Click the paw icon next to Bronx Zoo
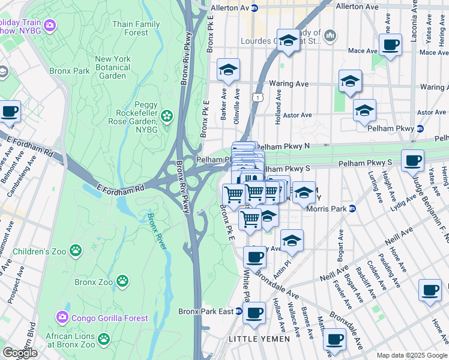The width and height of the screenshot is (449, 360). click(x=122, y=280)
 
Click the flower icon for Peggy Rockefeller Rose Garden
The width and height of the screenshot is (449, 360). click(x=167, y=115)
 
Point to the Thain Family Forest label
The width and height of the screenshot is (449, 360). click(x=136, y=28)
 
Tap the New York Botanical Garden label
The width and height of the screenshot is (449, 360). click(x=112, y=67)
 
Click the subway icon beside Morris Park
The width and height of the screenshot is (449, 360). click(x=353, y=209)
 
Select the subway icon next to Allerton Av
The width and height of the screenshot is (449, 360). click(x=255, y=8)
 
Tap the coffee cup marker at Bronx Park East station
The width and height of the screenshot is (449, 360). click(x=254, y=313)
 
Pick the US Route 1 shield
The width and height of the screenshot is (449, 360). click(x=257, y=96)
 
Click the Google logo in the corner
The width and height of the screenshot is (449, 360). click(x=20, y=353)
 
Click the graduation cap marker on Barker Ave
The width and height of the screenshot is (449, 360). click(x=228, y=70)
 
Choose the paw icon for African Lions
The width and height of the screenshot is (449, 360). click(x=103, y=340)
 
